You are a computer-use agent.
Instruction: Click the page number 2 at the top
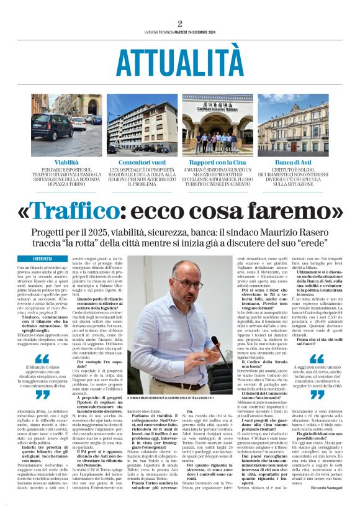click(180, 24)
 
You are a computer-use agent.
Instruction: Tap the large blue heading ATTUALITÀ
click(180, 62)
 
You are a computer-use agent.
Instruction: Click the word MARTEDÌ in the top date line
click(186, 33)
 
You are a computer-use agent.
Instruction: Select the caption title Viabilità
click(66, 161)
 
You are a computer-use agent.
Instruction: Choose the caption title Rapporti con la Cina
click(217, 161)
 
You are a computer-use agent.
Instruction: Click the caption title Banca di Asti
click(293, 161)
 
